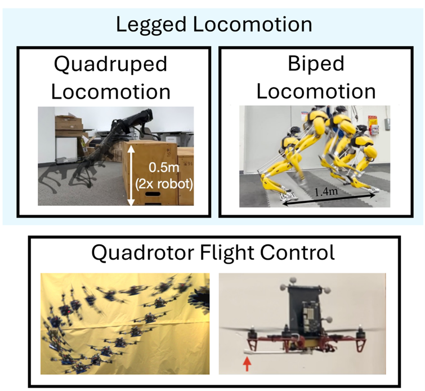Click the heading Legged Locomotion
[x=213, y=24]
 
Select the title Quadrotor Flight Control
[x=213, y=251]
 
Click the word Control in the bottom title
[x=305, y=251]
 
